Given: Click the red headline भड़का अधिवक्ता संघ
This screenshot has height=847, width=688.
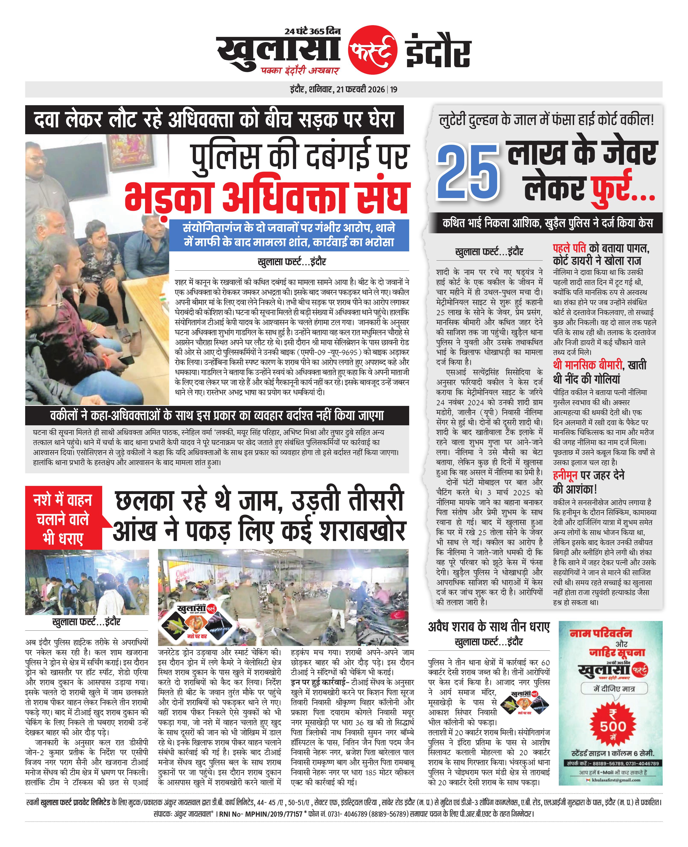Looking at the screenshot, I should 266,197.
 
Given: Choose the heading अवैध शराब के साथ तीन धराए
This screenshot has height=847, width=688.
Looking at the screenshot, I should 489,627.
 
